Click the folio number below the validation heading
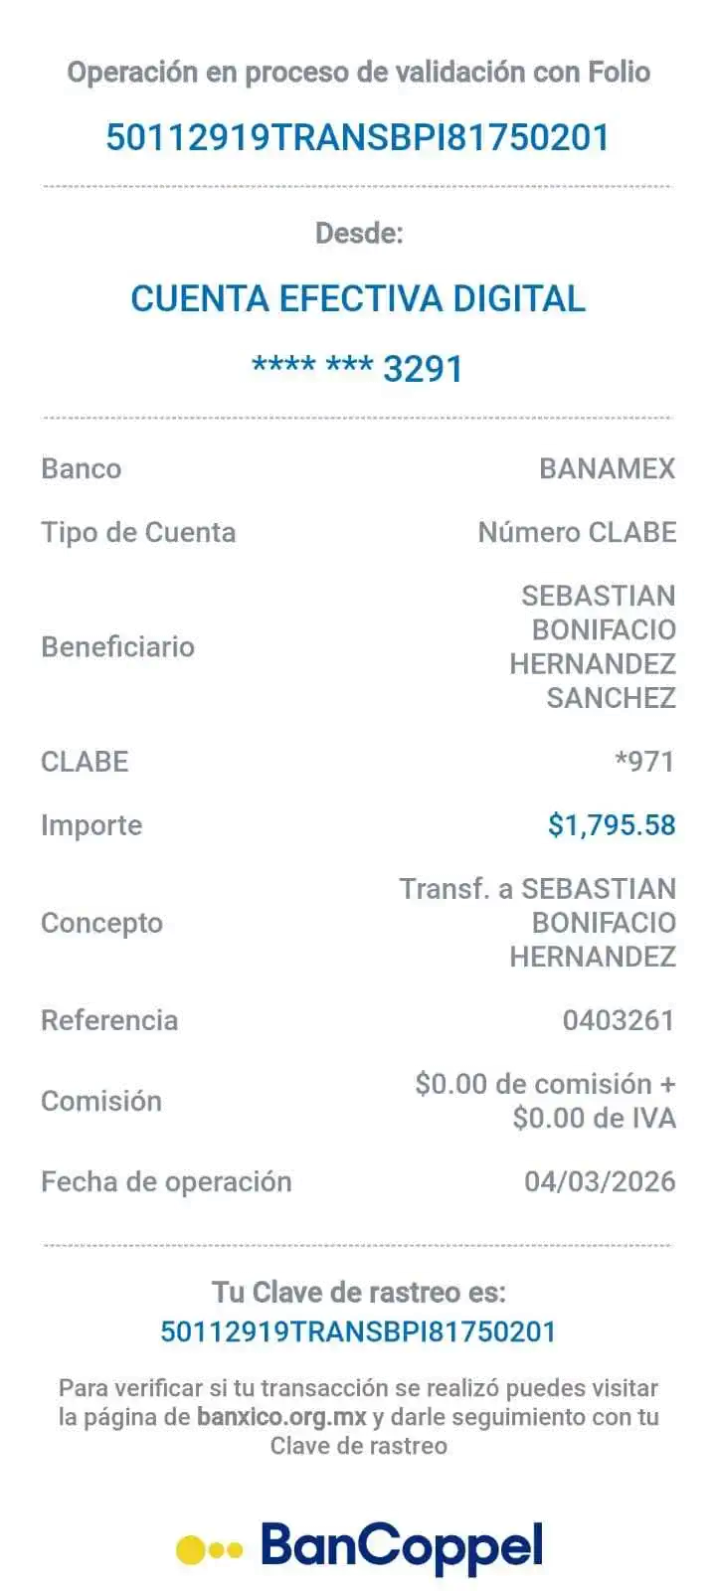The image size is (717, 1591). click(x=358, y=136)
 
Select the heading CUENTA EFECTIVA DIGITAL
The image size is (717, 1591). click(x=358, y=298)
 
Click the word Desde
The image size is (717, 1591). click(x=358, y=234)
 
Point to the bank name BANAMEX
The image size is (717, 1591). click(x=607, y=468)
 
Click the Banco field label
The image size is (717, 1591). click(x=82, y=468)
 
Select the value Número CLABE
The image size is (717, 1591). click(x=577, y=532)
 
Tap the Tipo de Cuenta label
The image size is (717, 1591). click(x=138, y=532)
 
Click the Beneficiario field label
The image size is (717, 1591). click(x=117, y=646)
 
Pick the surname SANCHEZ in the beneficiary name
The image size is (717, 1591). click(x=611, y=698)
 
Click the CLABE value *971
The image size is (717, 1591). click(x=645, y=762)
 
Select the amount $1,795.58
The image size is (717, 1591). click(x=612, y=824)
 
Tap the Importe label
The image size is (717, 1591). click(x=90, y=825)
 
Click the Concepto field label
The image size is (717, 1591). click(x=101, y=923)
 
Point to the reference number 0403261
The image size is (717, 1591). click(x=619, y=1020)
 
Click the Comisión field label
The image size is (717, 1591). click(x=101, y=1101)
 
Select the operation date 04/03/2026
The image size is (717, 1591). click(x=600, y=1181)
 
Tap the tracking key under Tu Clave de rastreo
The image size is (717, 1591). click(x=358, y=1331)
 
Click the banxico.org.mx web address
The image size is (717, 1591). click(x=281, y=1416)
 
